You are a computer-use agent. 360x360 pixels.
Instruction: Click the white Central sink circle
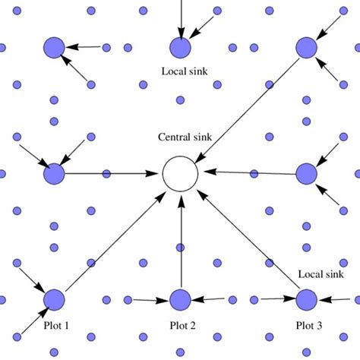pos(180,174)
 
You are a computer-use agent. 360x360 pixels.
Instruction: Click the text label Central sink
pos(185,137)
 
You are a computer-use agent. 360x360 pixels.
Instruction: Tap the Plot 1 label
pos(55,326)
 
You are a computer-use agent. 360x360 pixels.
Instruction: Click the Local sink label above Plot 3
pos(321,274)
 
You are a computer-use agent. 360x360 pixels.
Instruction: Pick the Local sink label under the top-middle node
pos(185,73)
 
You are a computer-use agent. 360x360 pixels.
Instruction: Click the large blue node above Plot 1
pos(54,300)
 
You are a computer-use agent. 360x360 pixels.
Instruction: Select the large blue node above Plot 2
pos(180,300)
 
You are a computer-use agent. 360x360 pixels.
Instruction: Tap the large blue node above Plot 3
pos(306,300)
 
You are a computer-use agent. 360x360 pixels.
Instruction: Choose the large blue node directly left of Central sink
pos(54,174)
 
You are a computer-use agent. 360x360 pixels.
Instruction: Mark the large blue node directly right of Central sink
pos(306,174)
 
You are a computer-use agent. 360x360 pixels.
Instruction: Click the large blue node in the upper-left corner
pos(54,48)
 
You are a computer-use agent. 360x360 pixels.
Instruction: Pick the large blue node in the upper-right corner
pos(306,48)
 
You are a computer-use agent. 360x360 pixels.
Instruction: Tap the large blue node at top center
pos(180,48)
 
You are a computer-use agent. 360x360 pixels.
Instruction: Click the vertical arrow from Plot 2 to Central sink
pos(180,243)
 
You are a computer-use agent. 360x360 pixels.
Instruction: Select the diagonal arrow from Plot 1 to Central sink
pos(114,240)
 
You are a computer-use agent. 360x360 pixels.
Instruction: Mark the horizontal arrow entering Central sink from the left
pos(114,174)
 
